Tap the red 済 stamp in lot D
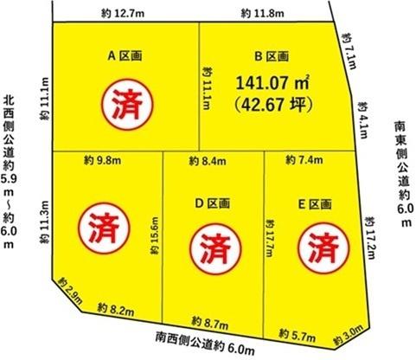[x=209, y=246]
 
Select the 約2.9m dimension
[x=69, y=292]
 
